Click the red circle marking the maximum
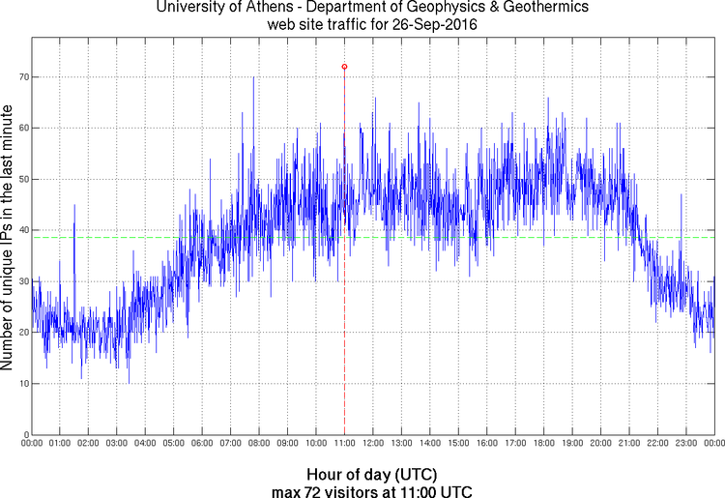tap(344, 67)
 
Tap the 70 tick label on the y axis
tap(22, 76)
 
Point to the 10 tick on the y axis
tap(22, 384)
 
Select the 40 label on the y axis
tap(22, 230)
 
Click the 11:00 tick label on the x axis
tap(344, 444)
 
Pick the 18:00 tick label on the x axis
tap(544, 444)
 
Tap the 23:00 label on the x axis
tap(686, 444)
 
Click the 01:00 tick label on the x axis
tap(59, 444)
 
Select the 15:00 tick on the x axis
tap(458, 444)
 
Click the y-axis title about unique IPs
tap(8, 239)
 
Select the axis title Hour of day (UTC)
tap(372, 475)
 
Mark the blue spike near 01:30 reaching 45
tap(74, 206)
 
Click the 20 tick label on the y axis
tap(22, 333)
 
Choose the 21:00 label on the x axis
tap(629, 444)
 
